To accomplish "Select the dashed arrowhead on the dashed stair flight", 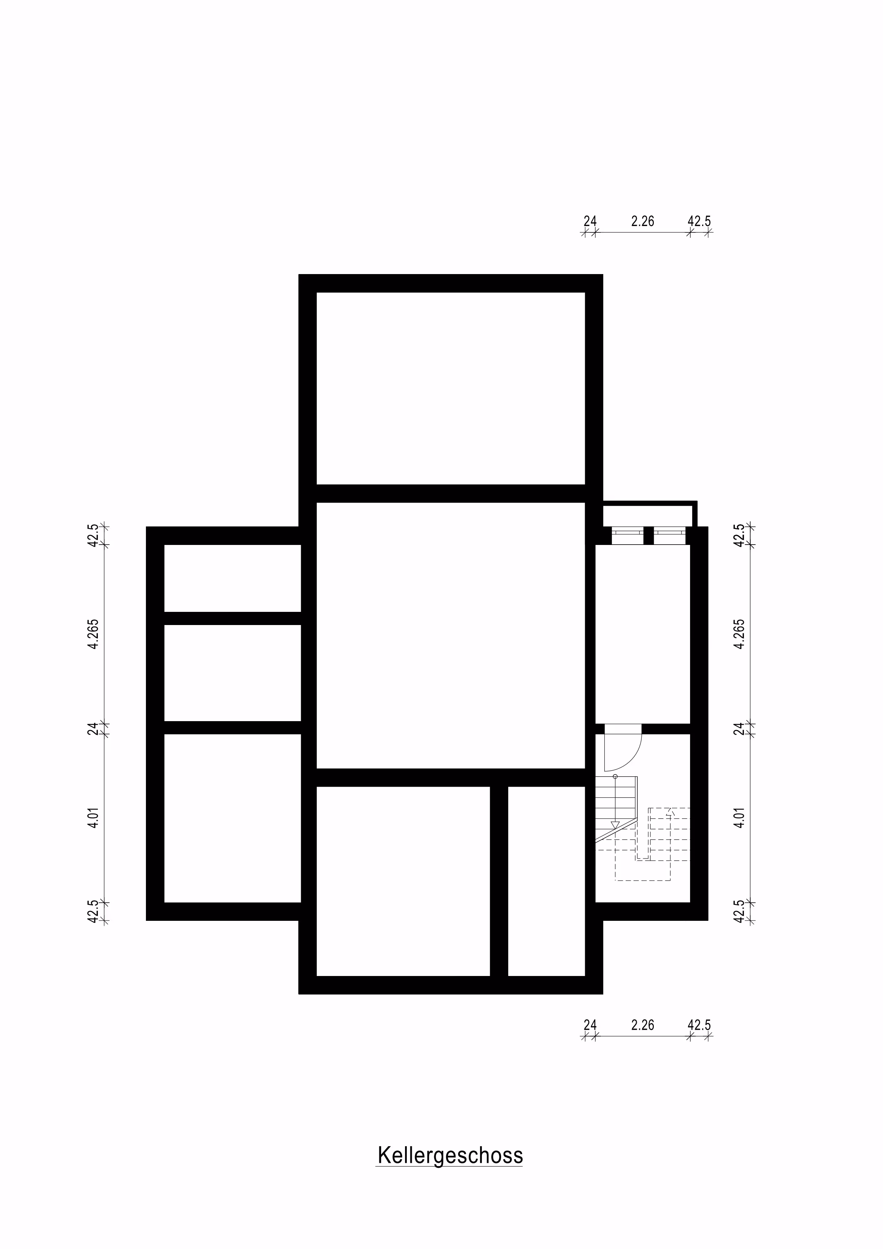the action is [670, 812].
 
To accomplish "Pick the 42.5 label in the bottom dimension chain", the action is [699, 1025].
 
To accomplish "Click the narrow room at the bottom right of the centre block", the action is [546, 881].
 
